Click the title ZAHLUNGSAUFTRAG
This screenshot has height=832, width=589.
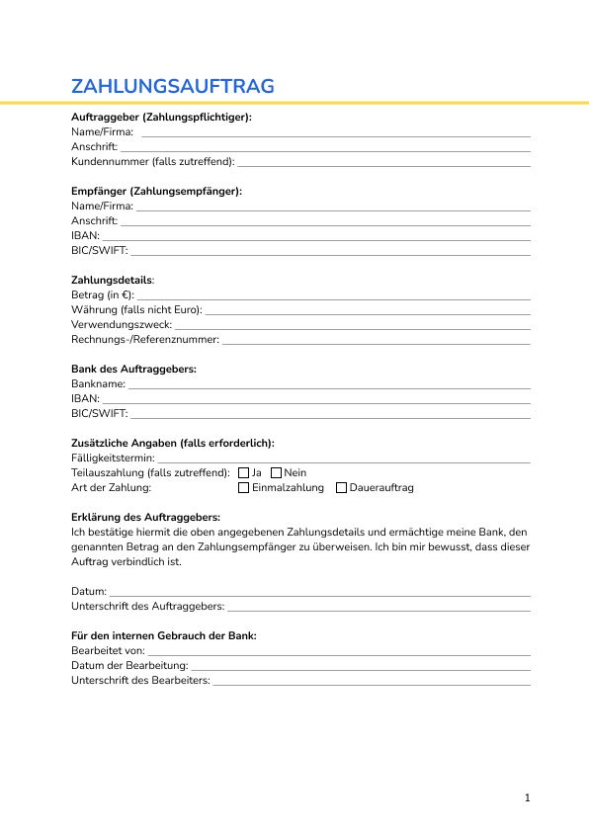click(x=173, y=86)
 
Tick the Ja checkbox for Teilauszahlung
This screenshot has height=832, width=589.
click(x=244, y=473)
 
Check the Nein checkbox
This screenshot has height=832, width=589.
click(x=276, y=473)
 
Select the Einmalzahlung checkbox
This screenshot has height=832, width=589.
click(x=244, y=488)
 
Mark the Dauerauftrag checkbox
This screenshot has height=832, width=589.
click(x=341, y=488)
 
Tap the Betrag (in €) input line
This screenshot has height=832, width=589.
click(x=334, y=297)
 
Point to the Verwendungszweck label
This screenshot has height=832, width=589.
click(x=121, y=324)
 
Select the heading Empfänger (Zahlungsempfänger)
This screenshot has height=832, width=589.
click(x=156, y=191)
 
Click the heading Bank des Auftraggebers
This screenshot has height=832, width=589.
click(x=133, y=369)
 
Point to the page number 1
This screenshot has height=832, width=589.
click(x=528, y=797)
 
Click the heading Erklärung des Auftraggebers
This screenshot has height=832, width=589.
click(x=145, y=517)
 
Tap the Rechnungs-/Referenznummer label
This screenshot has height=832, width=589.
click(x=145, y=339)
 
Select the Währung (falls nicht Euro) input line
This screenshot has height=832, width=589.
click(x=367, y=312)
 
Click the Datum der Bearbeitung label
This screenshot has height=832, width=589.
click(x=129, y=666)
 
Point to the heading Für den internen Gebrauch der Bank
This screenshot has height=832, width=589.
click(x=164, y=635)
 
